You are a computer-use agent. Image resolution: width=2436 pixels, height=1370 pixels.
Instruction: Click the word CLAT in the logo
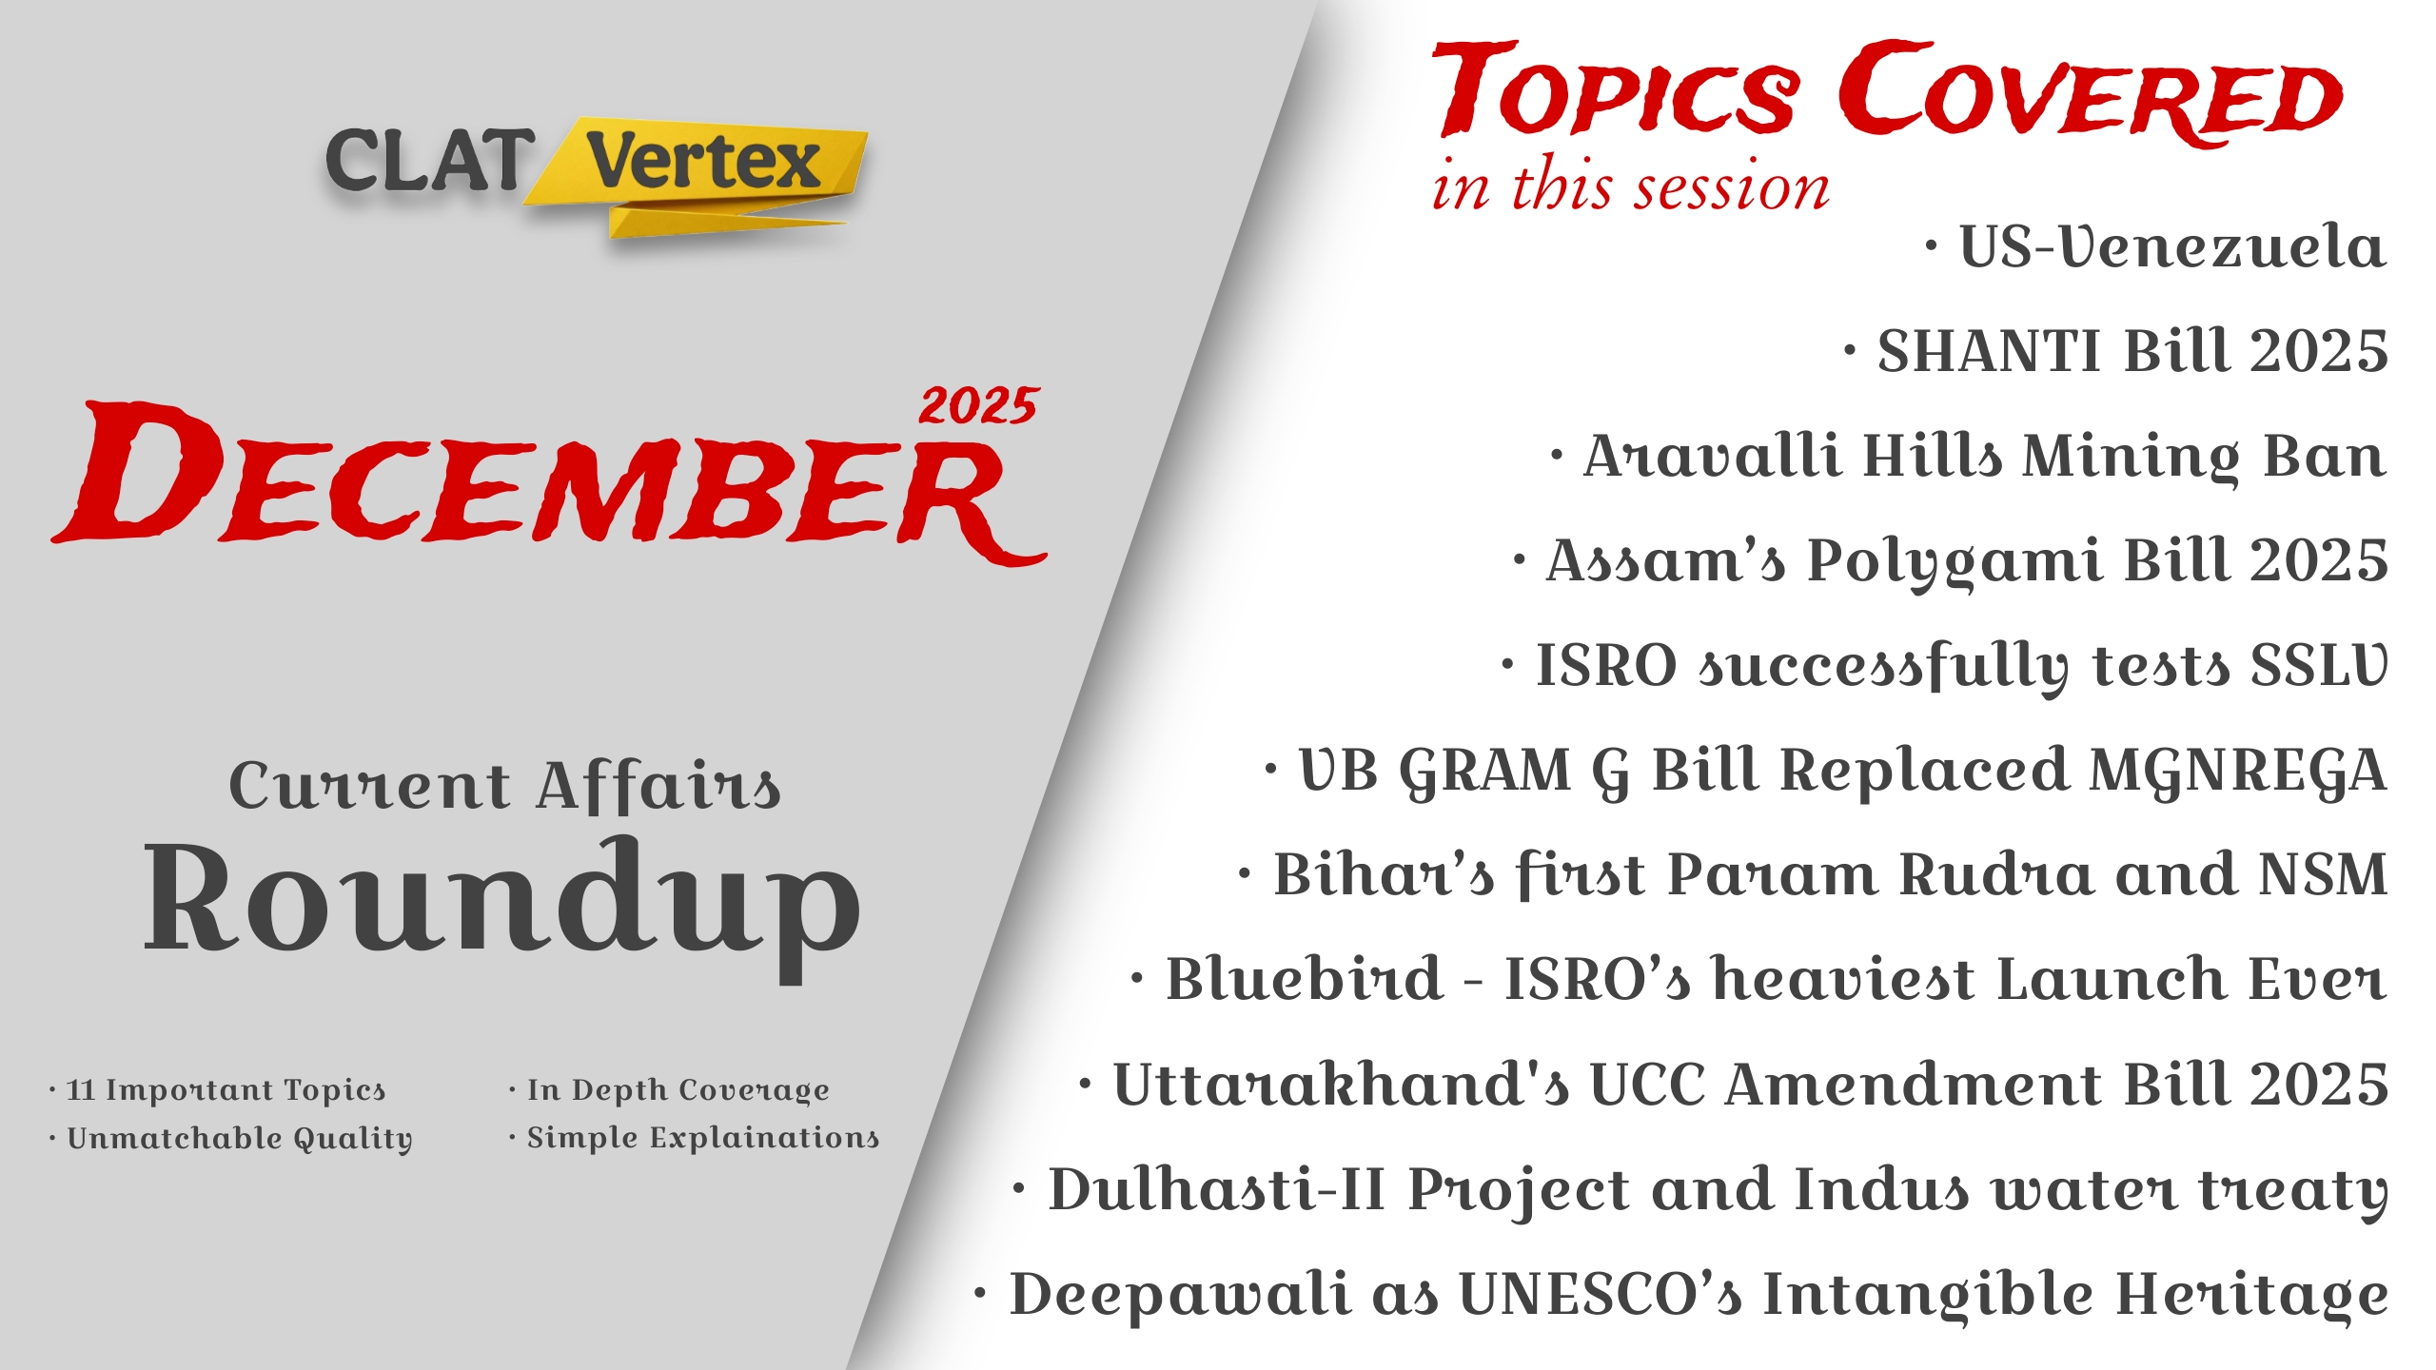[429, 159]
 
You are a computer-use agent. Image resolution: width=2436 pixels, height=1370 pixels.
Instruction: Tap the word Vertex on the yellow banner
[702, 161]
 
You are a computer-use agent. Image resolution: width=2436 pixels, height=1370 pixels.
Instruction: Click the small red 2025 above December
[978, 406]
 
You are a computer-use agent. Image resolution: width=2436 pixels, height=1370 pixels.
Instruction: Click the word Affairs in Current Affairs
[658, 786]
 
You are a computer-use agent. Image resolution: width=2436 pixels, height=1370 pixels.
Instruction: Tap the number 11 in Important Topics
[80, 1090]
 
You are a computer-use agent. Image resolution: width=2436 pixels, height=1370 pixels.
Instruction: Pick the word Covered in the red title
[2090, 91]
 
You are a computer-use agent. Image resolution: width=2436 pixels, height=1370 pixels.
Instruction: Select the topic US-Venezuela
[2172, 246]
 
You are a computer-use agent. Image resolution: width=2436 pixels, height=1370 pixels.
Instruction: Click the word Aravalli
[1710, 456]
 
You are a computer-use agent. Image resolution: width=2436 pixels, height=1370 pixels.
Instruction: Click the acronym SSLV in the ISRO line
[2319, 665]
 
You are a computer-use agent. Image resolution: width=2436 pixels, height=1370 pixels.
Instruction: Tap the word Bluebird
[1305, 979]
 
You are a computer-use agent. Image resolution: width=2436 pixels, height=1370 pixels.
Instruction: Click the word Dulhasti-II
[1216, 1189]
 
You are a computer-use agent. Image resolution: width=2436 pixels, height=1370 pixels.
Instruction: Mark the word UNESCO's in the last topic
[1601, 1295]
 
